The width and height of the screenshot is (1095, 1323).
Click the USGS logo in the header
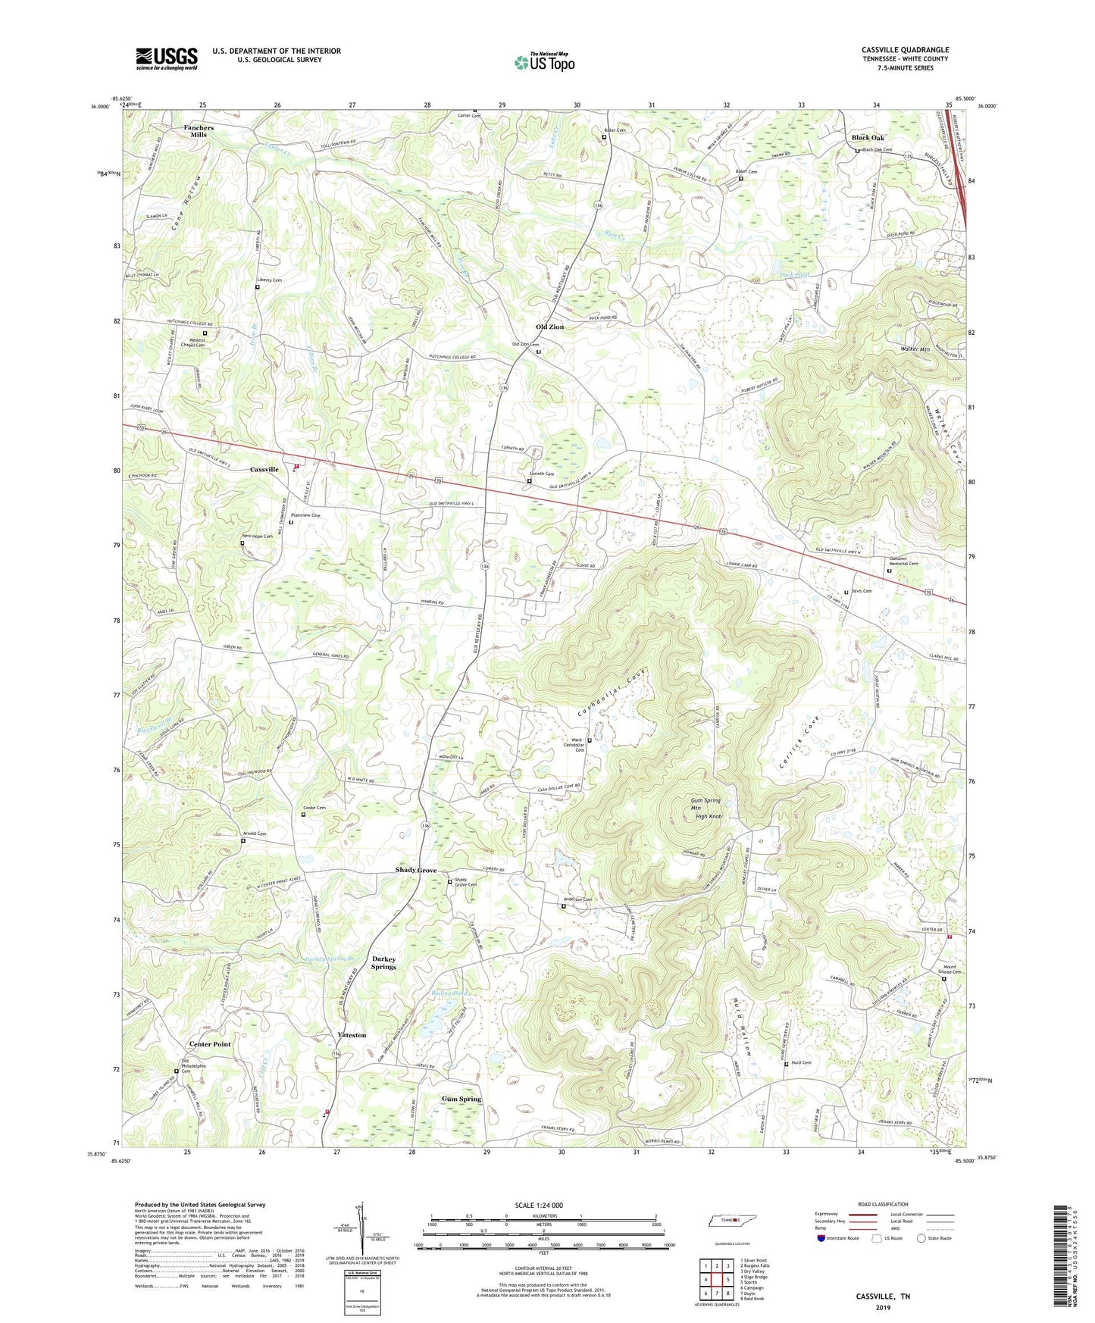(x=166, y=58)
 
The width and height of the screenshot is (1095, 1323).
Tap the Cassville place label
(x=264, y=470)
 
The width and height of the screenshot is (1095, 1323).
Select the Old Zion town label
(x=549, y=327)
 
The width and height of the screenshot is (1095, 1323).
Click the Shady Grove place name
(x=416, y=870)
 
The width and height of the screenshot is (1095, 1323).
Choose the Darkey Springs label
(x=384, y=963)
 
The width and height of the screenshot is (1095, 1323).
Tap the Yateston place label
(x=352, y=1035)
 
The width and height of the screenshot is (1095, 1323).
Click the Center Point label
(x=210, y=1044)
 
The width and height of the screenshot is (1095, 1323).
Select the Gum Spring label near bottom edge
(x=461, y=1099)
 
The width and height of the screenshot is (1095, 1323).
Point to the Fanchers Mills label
(x=199, y=131)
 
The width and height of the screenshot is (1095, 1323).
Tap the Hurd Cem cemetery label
(x=801, y=1063)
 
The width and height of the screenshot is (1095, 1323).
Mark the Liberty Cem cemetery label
(x=269, y=280)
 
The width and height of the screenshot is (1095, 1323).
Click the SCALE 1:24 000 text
(x=543, y=1206)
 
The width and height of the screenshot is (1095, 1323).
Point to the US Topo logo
(x=543, y=61)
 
